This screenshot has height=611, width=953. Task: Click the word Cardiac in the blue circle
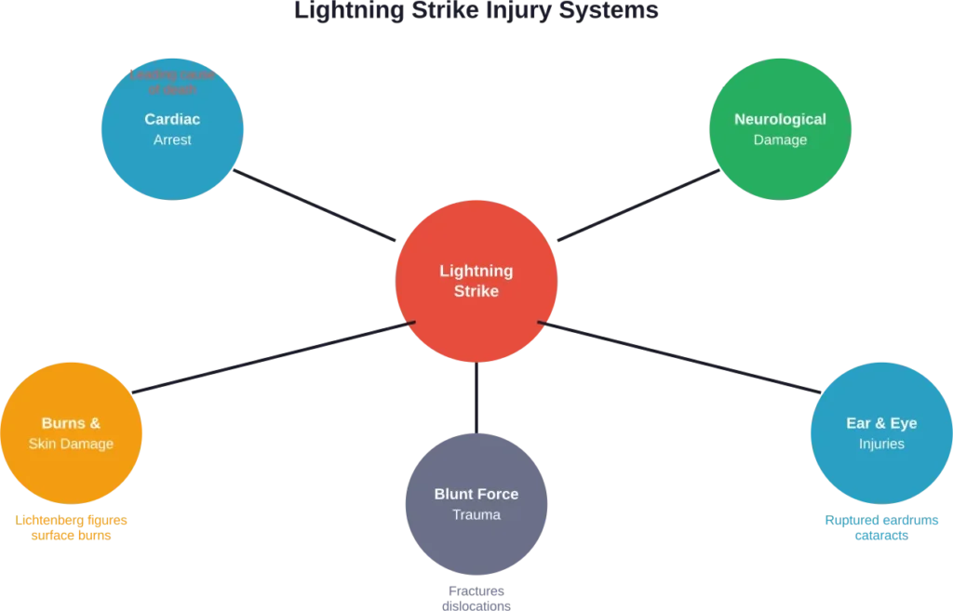coord(172,119)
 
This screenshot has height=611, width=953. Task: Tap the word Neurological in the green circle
coord(780,119)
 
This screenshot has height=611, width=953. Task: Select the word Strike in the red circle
coord(476,291)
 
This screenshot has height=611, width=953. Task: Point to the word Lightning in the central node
coord(476,271)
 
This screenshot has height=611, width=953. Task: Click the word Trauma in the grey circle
coord(476,514)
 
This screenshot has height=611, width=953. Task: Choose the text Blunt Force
coord(476,494)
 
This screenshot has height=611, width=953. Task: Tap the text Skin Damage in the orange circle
coord(71,444)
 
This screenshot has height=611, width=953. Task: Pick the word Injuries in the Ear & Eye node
coord(880,444)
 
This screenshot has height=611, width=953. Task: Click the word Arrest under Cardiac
coord(172,139)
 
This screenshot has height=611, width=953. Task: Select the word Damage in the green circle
coord(780,139)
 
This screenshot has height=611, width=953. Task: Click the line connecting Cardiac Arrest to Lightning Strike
coord(316,206)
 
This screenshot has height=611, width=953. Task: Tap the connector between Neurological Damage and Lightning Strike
coord(638,206)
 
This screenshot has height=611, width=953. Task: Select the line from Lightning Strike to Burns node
coord(275,356)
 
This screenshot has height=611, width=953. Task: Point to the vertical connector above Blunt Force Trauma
coord(476,397)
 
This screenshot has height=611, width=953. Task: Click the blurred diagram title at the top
coord(476,10)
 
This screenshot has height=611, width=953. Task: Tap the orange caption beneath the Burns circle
coord(72,527)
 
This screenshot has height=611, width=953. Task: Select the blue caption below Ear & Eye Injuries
coord(881,527)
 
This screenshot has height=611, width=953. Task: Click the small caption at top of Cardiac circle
coord(172,82)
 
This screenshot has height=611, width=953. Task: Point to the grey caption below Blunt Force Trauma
coord(476,595)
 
